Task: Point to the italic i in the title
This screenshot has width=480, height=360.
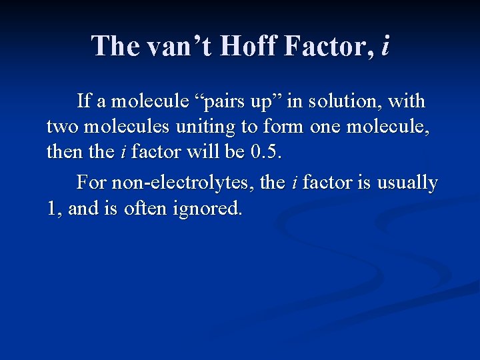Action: (x=385, y=45)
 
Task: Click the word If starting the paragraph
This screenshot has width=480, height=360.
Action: (x=84, y=101)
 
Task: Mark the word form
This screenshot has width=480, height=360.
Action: (x=279, y=127)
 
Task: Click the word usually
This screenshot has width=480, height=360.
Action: (x=408, y=183)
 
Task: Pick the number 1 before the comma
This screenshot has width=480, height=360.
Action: (x=51, y=209)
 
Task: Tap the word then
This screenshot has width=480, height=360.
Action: (x=65, y=153)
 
